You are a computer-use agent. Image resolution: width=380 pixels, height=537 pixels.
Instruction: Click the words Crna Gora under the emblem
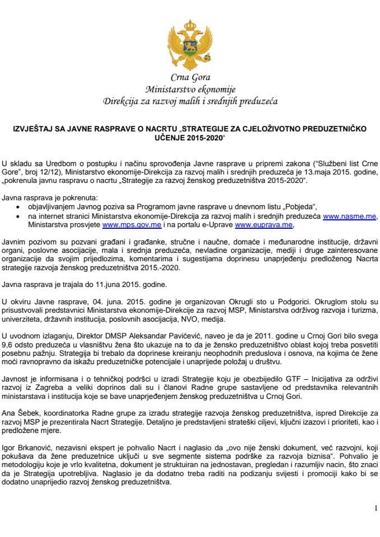(x=190, y=78)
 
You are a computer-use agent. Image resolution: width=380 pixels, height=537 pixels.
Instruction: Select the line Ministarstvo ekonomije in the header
(x=190, y=89)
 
